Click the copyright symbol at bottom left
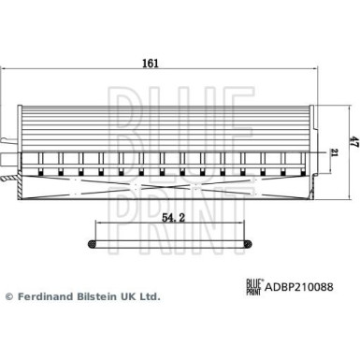pyautogui.click(x=10, y=295)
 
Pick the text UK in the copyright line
pyautogui.click(x=128, y=295)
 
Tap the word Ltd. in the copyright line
pyautogui.click(x=150, y=295)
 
